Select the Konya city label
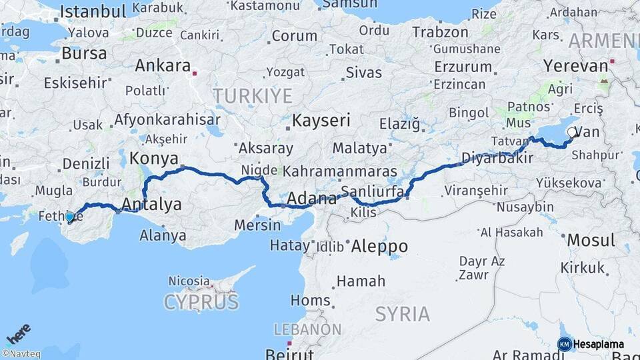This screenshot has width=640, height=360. pyautogui.click(x=153, y=159)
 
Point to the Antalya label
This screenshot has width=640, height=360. pyautogui.click(x=153, y=204)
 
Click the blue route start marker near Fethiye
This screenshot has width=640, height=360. pyautogui.click(x=70, y=216)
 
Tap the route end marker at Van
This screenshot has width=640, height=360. pyautogui.click(x=572, y=133)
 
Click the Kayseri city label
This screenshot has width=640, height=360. pyautogui.click(x=321, y=121)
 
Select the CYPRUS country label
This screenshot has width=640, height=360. pyautogui.click(x=201, y=302)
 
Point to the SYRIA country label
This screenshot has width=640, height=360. pyautogui.click(x=402, y=313)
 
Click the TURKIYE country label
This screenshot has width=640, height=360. pyautogui.click(x=253, y=96)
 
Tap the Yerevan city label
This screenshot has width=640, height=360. pyautogui.click(x=576, y=66)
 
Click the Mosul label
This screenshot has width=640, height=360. pyautogui.click(x=590, y=240)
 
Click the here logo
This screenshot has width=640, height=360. pyautogui.click(x=19, y=333)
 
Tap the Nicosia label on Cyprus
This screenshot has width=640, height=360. pyautogui.click(x=189, y=281)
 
